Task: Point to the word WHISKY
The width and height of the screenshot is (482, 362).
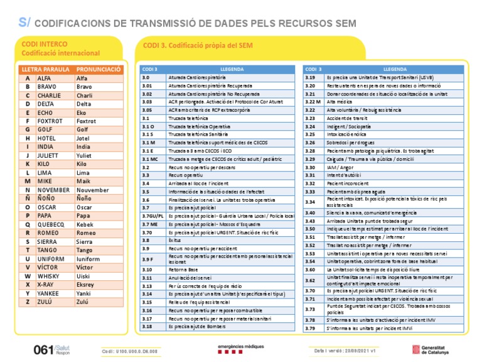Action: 48,275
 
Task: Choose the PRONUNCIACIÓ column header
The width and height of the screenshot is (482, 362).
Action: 98,69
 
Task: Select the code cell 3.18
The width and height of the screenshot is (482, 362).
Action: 147,326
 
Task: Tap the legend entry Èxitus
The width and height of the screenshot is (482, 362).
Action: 174,240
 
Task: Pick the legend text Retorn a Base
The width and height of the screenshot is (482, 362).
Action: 182,270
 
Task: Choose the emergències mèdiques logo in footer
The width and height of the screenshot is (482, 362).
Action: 241,350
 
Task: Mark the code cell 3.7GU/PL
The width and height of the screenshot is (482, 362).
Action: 153,216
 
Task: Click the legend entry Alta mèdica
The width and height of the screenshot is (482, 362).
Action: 340,101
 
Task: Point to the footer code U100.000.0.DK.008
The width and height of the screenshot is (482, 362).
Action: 129,351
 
